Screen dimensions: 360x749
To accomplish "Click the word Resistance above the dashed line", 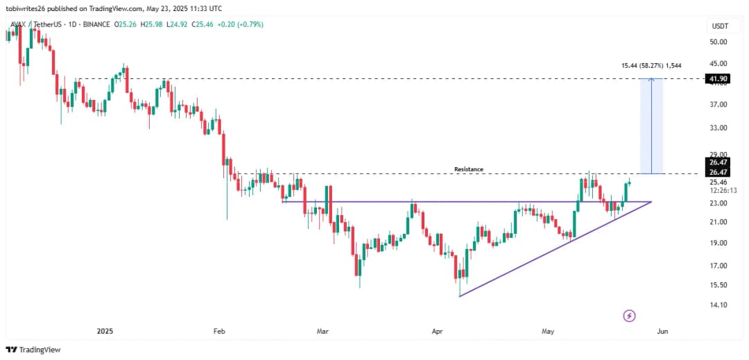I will click(x=468, y=169).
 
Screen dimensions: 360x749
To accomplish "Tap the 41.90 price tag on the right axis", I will click(x=718, y=79).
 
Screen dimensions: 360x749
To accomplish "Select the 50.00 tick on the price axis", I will click(x=718, y=42).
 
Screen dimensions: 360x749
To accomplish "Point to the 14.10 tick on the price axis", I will click(x=718, y=305).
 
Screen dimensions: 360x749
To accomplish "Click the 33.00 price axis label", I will click(x=718, y=128).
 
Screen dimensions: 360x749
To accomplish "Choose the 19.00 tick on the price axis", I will click(x=718, y=243).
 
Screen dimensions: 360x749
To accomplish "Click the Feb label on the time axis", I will click(x=219, y=332).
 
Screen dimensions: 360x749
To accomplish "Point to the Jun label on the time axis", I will click(x=662, y=332).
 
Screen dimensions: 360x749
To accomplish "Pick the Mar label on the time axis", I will click(x=322, y=332).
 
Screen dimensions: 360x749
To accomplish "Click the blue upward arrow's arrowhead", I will click(x=651, y=80).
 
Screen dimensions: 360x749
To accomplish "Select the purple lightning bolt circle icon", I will click(x=629, y=316).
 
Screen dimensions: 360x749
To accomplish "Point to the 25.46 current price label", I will click(x=718, y=182).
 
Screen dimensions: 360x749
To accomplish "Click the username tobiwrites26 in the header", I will click(x=28, y=8).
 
